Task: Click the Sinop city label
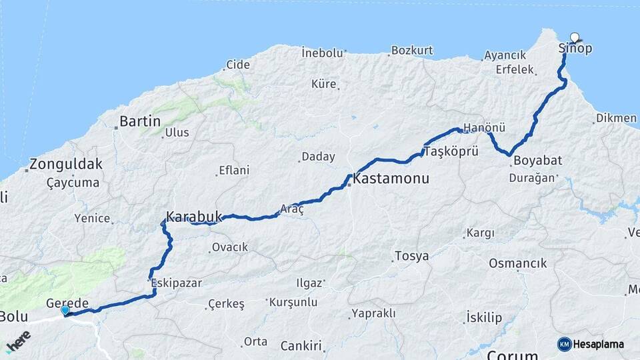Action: tap(575, 49)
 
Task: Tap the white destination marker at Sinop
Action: tap(575, 37)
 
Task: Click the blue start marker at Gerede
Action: tap(65, 310)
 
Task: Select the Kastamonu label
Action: tap(391, 179)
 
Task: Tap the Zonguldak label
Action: tap(66, 164)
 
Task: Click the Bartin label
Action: tap(140, 121)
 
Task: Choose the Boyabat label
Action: tap(538, 161)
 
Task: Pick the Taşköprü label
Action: tap(451, 151)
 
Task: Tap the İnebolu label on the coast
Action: tap(322, 52)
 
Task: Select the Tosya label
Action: tap(411, 256)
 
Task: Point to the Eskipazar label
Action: tap(177, 283)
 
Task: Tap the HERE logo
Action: tap(19, 340)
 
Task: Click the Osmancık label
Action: tap(517, 263)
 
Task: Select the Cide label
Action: tap(238, 65)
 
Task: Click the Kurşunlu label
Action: tap(294, 301)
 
